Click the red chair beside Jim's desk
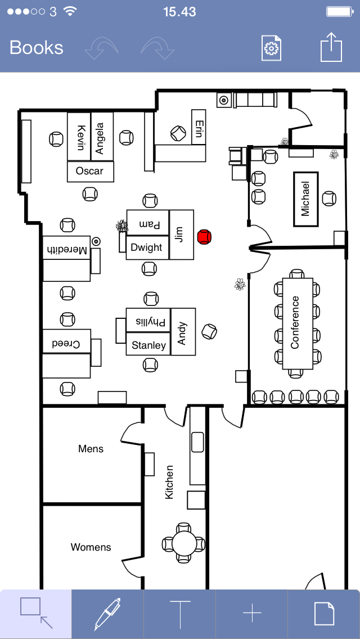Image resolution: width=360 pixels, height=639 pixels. coord(204,237)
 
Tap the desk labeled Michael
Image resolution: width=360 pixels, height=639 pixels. coord(306,199)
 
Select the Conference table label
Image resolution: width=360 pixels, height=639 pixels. coord(294,322)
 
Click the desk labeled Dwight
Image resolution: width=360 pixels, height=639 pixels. coord(147,247)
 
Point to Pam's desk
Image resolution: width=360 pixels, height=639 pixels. coord(147,223)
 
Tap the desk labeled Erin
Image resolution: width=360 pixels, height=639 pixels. coord(199,127)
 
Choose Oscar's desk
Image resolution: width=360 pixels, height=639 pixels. coord(90,171)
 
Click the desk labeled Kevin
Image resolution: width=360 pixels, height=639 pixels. coord(79,137)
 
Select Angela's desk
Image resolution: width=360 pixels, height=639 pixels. coord(102,137)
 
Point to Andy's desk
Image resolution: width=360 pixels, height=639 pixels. coord(183,332)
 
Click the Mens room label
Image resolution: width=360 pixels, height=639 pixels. coord(91,449)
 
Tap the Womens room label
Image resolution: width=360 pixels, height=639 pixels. coord(91,547)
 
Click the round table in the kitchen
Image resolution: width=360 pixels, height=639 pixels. coord(184,543)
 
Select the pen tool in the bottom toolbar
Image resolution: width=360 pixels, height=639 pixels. coord(107,614)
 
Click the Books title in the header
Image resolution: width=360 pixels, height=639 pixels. coord(37,48)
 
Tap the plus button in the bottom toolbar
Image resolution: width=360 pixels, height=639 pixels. coord(251,613)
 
